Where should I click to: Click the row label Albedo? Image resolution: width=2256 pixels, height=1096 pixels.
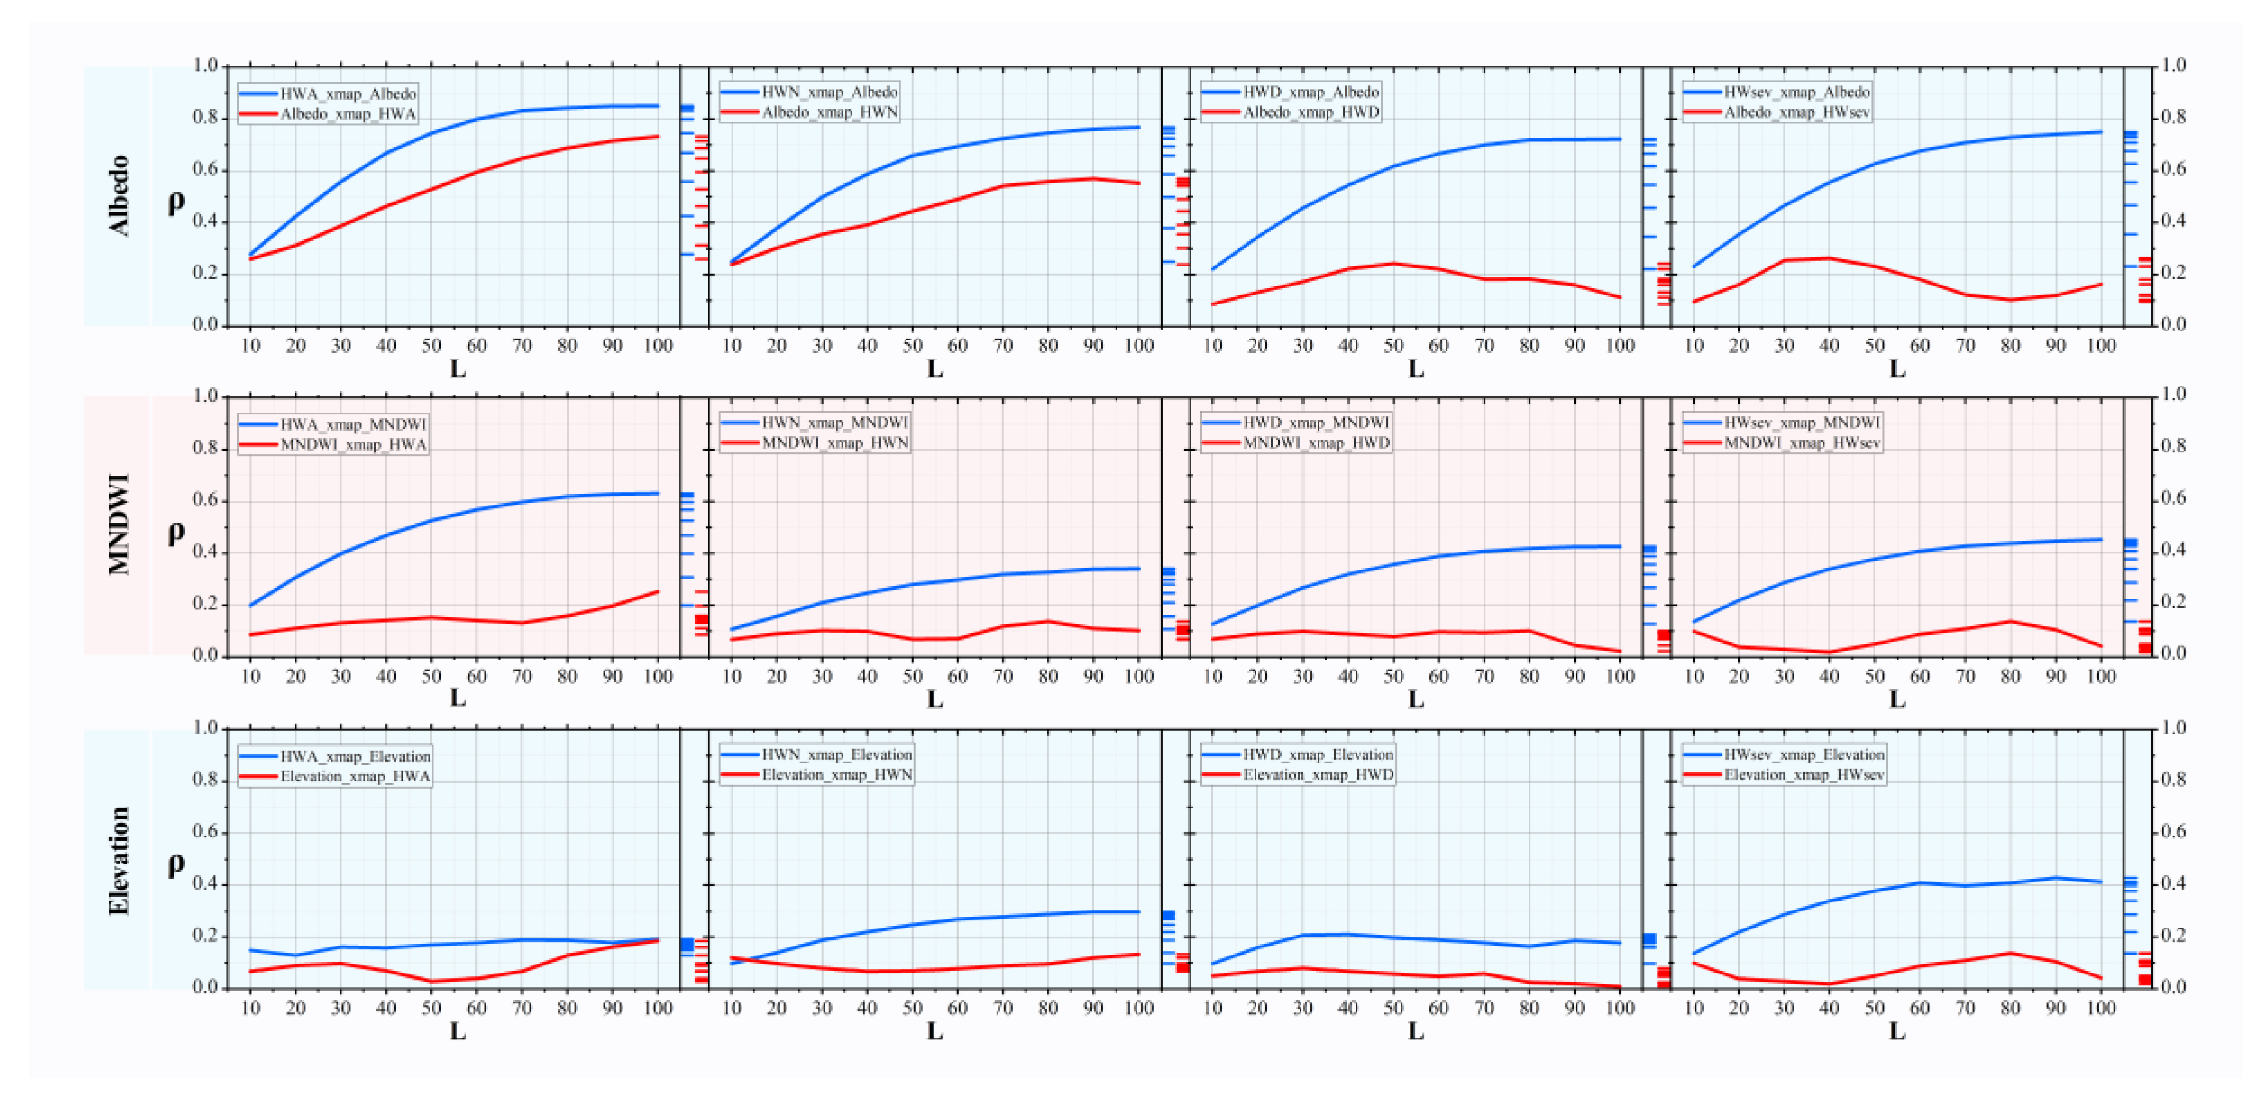click(x=119, y=195)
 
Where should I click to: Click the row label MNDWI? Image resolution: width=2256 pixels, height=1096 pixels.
click(x=119, y=524)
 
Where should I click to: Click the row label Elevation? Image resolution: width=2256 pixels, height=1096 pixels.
click(x=119, y=860)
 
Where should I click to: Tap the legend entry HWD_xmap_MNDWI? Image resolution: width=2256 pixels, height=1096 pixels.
click(x=1315, y=422)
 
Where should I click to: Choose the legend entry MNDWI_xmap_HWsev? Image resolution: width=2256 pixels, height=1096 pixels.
click(x=1802, y=442)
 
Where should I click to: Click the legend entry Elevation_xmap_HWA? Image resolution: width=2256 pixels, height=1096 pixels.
click(x=355, y=776)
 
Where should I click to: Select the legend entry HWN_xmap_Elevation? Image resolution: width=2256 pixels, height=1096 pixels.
click(x=836, y=754)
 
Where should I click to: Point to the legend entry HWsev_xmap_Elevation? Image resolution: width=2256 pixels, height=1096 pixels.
click(x=1803, y=754)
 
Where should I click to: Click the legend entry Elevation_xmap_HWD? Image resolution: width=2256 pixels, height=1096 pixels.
click(x=1317, y=774)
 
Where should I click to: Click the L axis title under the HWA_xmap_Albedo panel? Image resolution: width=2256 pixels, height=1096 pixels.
click(x=457, y=369)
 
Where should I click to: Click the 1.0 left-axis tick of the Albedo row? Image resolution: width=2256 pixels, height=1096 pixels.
click(x=205, y=66)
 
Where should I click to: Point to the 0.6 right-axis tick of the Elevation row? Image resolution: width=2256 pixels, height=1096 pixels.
click(x=2174, y=831)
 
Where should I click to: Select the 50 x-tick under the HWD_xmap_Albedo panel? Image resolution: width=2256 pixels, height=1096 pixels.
click(x=1393, y=346)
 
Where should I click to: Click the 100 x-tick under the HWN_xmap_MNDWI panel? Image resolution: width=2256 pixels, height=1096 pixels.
click(x=1139, y=676)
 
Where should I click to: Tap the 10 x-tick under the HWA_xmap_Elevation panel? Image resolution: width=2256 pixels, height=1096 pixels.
click(x=251, y=1008)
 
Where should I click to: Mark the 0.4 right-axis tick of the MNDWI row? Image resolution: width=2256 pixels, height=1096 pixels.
click(x=2174, y=549)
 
